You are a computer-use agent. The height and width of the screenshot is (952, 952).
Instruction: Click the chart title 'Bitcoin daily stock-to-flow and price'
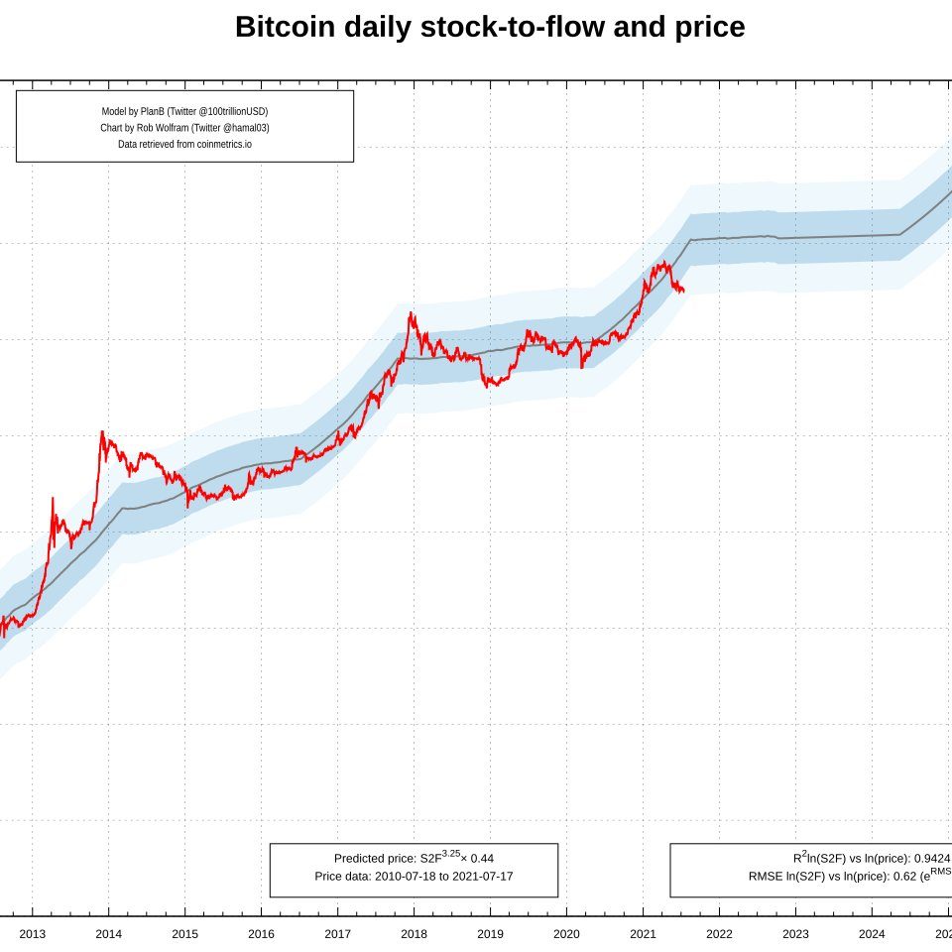490,28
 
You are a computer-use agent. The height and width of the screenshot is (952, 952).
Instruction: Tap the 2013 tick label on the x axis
33,933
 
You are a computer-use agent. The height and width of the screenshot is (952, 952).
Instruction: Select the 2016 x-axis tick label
261,933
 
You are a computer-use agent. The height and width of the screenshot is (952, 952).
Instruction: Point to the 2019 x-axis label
490,933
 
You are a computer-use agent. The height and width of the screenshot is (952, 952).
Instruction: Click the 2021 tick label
643,933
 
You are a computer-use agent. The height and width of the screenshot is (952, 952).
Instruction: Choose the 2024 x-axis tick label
872,933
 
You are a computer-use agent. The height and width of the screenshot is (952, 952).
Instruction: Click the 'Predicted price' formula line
414,858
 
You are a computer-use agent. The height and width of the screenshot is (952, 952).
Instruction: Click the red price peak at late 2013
101,431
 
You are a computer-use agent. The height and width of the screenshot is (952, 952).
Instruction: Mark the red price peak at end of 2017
411,313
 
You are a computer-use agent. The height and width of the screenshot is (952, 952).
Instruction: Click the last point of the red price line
683,291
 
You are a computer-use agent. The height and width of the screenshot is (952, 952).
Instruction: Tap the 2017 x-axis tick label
337,933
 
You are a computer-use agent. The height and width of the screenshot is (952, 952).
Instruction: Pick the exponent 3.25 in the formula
450,853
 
